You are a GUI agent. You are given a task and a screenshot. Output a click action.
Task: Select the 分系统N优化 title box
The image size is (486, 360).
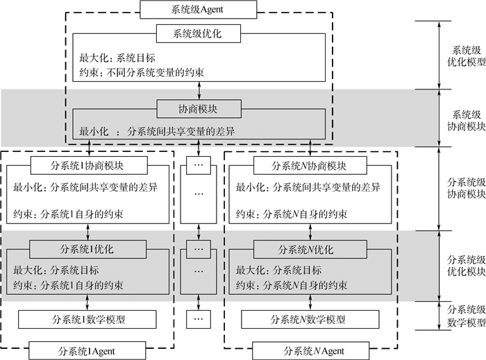click(x=310, y=248)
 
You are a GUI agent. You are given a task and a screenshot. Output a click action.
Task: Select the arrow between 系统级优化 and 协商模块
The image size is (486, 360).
click(x=199, y=89)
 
